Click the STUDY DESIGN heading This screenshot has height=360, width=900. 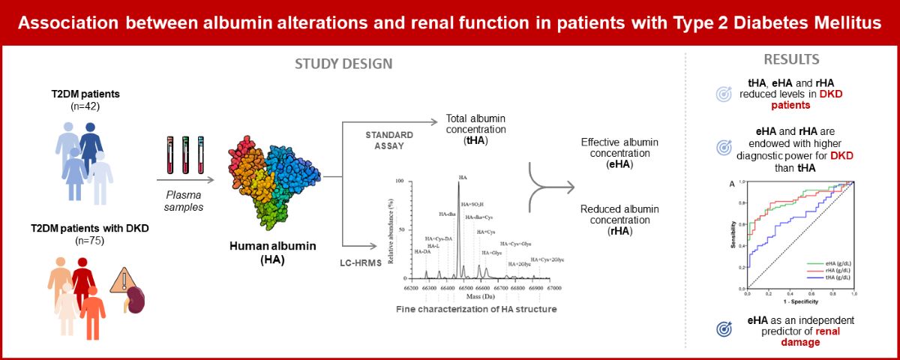342,63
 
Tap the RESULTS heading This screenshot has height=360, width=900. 790,59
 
